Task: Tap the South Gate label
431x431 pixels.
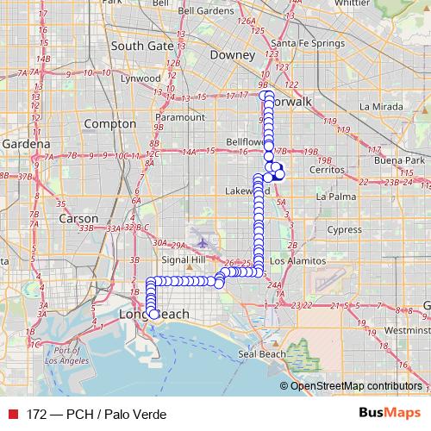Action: tap(143, 46)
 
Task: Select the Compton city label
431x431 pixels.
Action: tap(111, 124)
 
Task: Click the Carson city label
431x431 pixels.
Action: tap(78, 218)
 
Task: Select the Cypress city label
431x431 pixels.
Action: tap(344, 230)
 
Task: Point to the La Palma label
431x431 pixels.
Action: tap(336, 197)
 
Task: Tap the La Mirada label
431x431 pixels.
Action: tap(380, 107)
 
